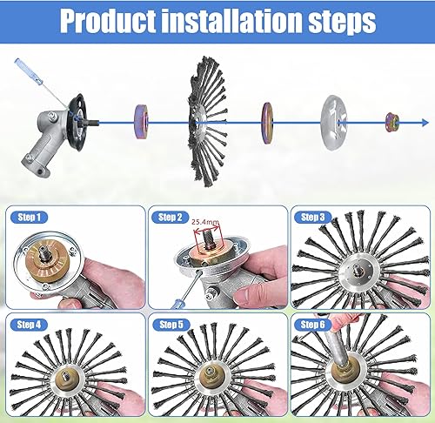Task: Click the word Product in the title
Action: pos(108,21)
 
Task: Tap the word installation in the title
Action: pos(231,20)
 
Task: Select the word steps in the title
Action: pos(342,22)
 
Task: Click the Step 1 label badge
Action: pos(29,218)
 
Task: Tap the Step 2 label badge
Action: pos(171,218)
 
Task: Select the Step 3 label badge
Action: pos(312,218)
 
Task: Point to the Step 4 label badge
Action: pos(29,325)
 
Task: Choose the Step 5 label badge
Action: pos(171,325)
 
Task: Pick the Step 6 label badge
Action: pos(312,325)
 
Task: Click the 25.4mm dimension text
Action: pos(205,222)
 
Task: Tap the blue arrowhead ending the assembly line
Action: pos(425,123)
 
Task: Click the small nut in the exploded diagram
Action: pos(392,122)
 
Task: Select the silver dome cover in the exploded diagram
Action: pos(334,123)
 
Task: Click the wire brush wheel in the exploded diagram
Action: pos(208,122)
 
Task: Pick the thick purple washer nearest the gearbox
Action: pos(141,122)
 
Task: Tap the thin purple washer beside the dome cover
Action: pos(267,123)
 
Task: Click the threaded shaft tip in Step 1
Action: pos(44,251)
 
